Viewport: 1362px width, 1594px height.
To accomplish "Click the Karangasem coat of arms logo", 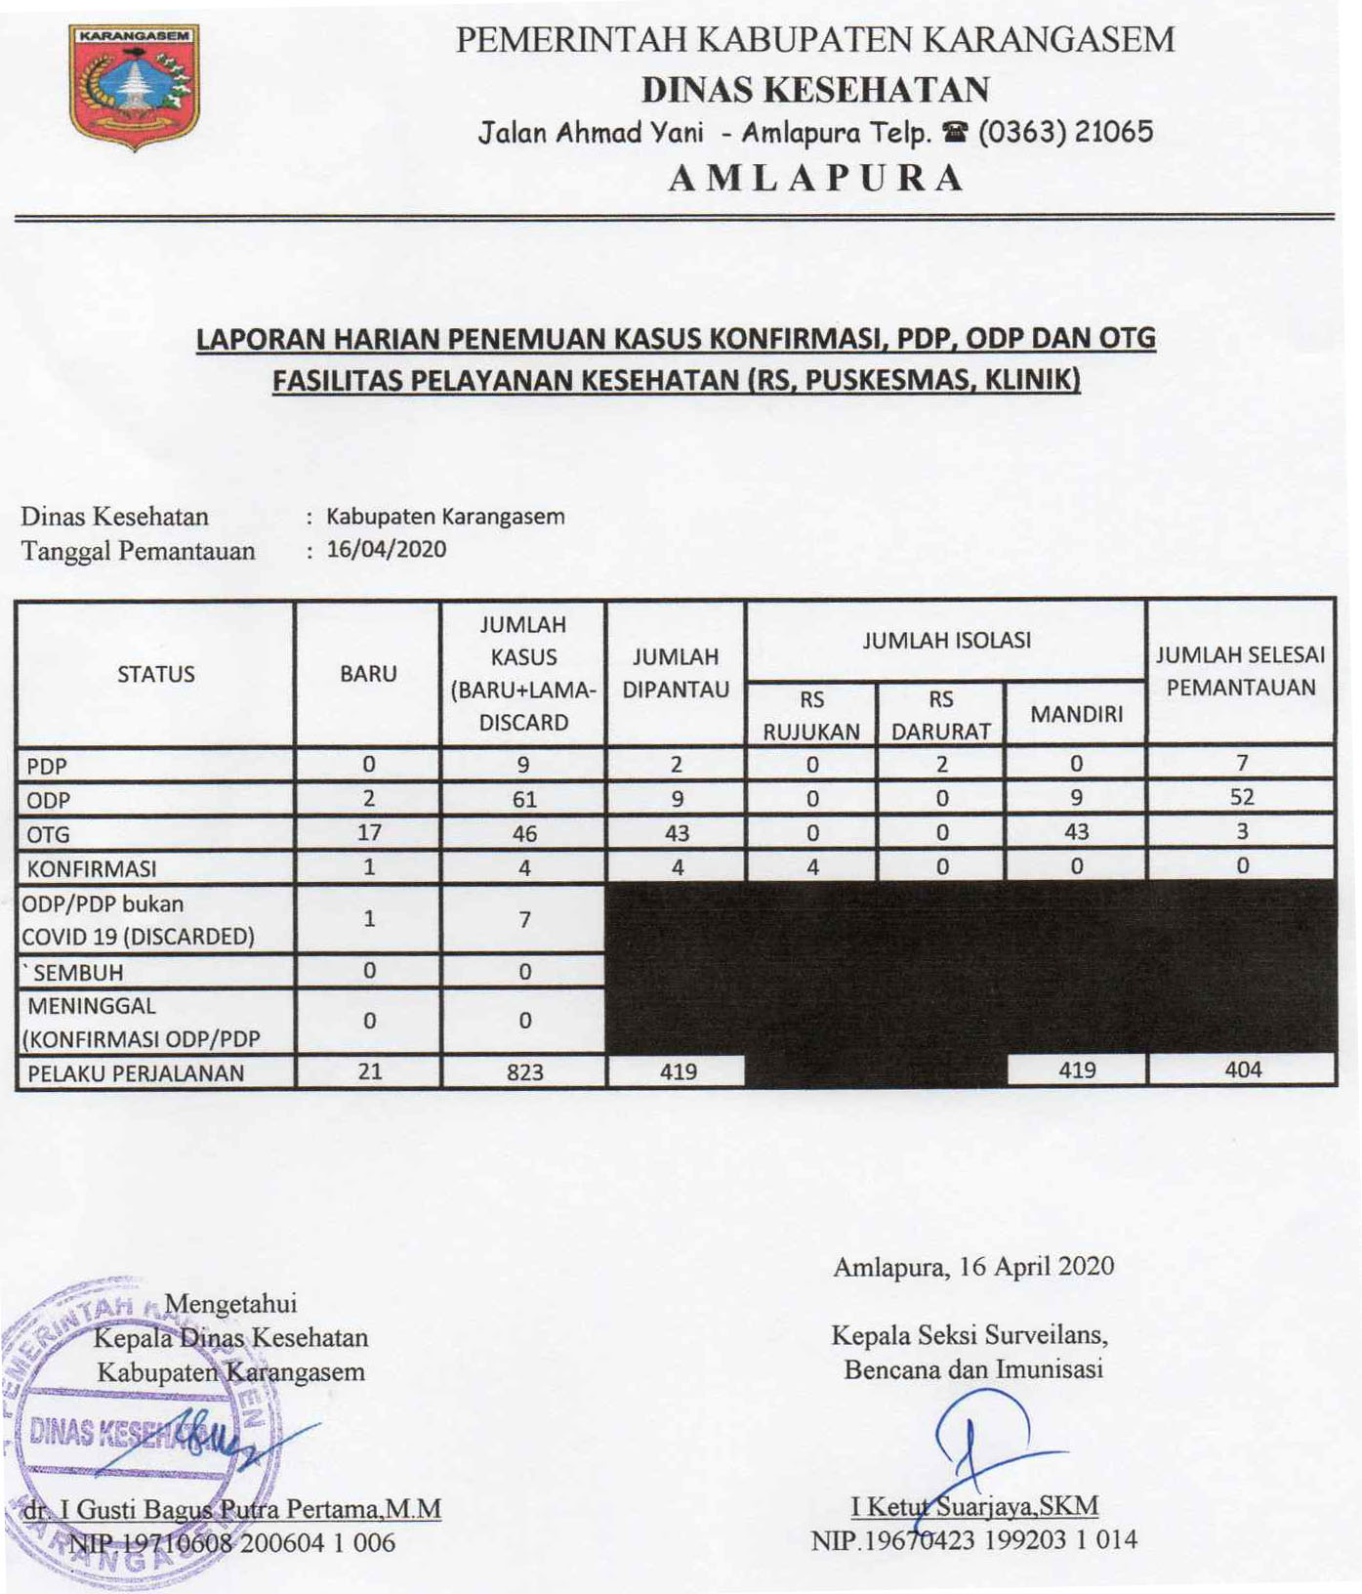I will tap(135, 86).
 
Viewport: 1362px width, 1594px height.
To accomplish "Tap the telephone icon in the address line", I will tap(955, 133).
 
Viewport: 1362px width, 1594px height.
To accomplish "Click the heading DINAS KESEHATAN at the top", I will tap(815, 90).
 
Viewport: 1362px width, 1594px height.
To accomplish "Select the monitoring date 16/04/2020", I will tap(386, 549).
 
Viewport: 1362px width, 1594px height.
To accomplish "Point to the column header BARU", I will tap(368, 674).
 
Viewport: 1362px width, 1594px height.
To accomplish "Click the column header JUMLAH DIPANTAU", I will tap(676, 673).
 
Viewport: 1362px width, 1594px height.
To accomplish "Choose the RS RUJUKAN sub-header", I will tap(811, 715).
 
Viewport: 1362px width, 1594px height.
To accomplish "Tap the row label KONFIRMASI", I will tap(92, 868).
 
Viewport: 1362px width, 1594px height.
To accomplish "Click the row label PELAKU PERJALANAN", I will tap(136, 1072).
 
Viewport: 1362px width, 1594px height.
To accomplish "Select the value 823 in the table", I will tap(524, 1072).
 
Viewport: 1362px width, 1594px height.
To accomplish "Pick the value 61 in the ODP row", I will tap(524, 800).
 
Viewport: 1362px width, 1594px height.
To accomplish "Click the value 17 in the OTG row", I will tap(369, 833).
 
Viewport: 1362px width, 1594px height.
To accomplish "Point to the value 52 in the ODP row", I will tap(1241, 797).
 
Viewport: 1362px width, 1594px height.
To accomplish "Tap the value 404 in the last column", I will tap(1243, 1070).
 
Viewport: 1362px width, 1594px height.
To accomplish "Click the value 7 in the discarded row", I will tap(524, 919).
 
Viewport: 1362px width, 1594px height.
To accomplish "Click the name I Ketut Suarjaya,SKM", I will tap(974, 1506).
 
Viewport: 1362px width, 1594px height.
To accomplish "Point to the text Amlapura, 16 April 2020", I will tap(973, 1267).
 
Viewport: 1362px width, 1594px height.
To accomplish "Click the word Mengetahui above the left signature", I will tap(231, 1304).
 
